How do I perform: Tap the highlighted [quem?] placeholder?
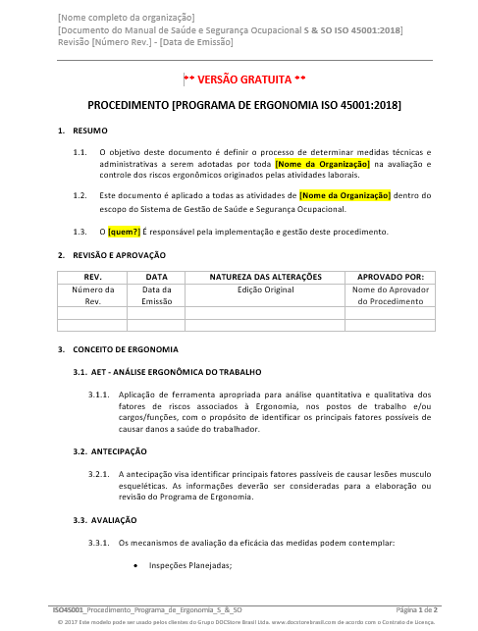(x=124, y=232)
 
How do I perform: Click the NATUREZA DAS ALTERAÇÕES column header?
(x=265, y=278)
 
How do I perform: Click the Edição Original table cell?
(x=265, y=290)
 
